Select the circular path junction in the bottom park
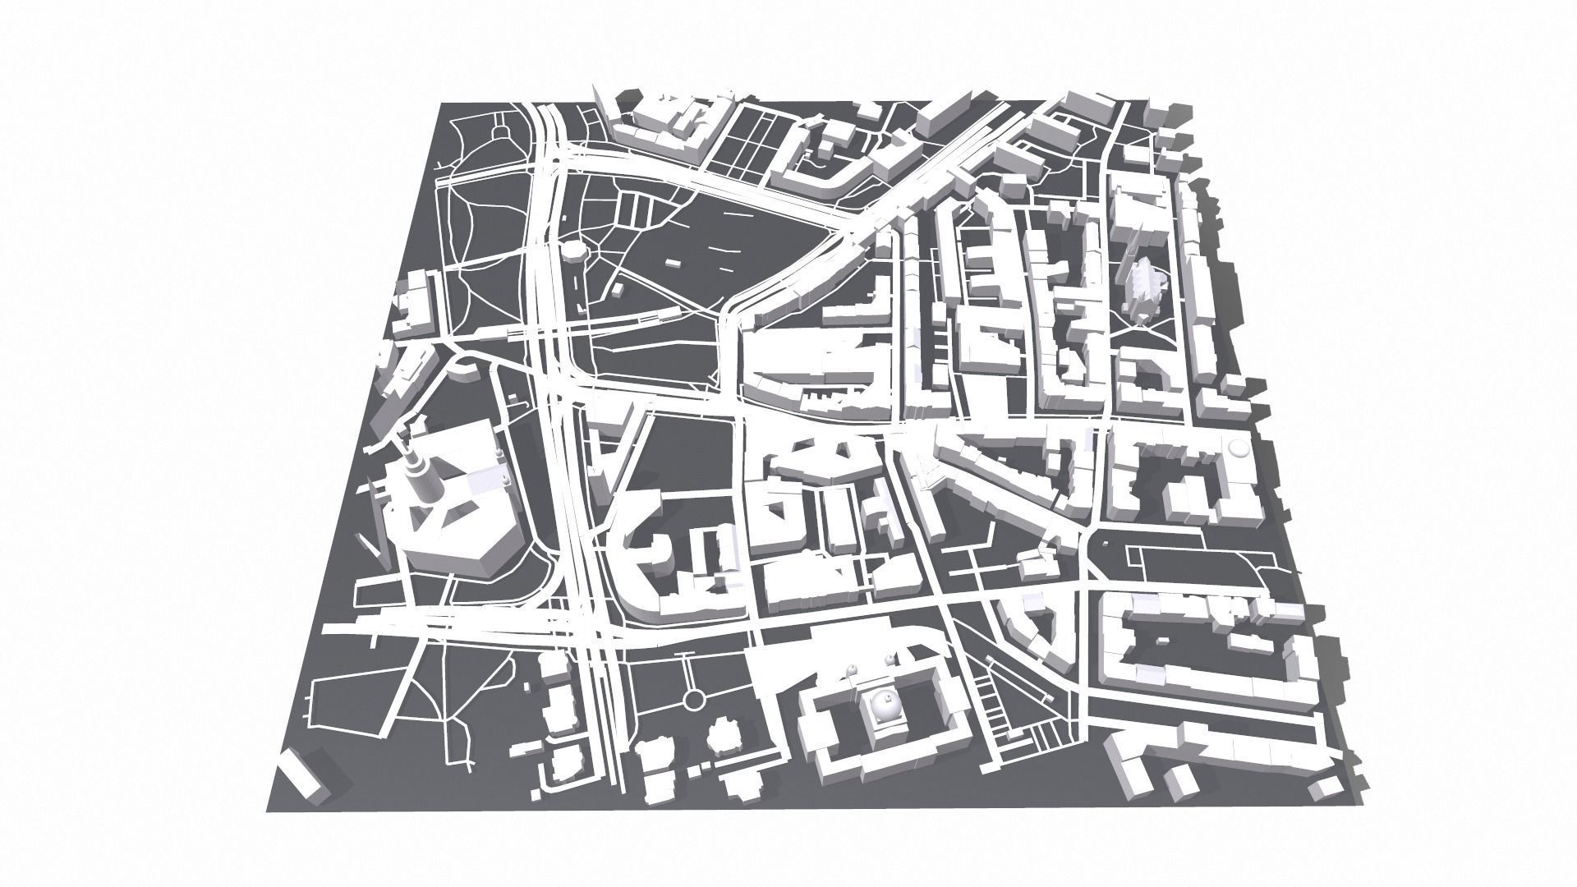694,701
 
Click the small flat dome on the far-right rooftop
1237,448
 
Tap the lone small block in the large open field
672,264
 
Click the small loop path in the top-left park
500,131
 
